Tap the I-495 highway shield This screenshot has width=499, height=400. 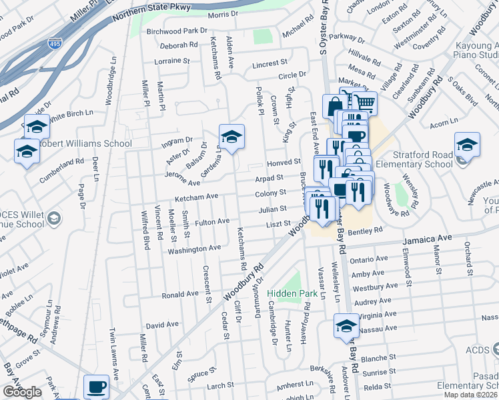(55, 44)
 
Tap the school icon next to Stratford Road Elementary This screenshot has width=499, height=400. (467, 145)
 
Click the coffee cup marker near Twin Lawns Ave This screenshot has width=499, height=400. (97, 386)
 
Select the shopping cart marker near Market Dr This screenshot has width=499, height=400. (364, 103)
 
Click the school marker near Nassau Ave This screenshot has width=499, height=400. (346, 326)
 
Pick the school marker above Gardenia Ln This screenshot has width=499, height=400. (231, 137)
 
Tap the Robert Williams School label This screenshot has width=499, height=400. (85, 143)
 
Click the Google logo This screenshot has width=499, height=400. (22, 392)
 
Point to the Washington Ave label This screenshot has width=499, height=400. (193, 248)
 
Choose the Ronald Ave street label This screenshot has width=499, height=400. (181, 293)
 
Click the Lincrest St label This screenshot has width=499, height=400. (270, 65)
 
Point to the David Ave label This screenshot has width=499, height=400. (163, 325)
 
